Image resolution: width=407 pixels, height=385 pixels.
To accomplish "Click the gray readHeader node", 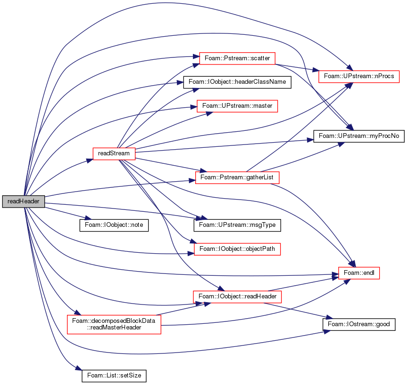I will pos(23,201).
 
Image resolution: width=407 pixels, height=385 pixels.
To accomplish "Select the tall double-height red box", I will pos(114,324).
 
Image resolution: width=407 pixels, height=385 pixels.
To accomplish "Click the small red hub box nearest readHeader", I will pos(114,154).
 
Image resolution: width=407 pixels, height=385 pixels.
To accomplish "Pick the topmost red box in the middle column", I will pos(237,58).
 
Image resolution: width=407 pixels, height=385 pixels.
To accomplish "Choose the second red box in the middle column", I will pos(237,106).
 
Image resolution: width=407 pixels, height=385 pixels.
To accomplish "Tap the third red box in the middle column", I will pos(237,177).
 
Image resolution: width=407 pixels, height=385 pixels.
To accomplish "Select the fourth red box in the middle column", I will pos(237,249).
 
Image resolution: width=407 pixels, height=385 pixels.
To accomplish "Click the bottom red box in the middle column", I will pos(237,297).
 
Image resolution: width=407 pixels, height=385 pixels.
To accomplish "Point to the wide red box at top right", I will pos(359,76).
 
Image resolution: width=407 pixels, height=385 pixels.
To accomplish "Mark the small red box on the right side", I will pos(359,273).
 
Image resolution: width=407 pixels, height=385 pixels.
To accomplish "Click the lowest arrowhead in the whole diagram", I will pos(79,369).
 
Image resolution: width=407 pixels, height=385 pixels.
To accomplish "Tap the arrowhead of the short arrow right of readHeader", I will pos(88,218).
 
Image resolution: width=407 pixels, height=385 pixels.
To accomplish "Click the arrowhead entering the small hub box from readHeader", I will pos(89,160).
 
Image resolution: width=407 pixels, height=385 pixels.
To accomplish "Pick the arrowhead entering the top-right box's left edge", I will pos(316,71).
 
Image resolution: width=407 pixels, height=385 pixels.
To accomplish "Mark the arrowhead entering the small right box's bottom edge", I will pos(347,281).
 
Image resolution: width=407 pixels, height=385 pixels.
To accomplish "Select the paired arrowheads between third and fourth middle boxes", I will pos(202,218).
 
